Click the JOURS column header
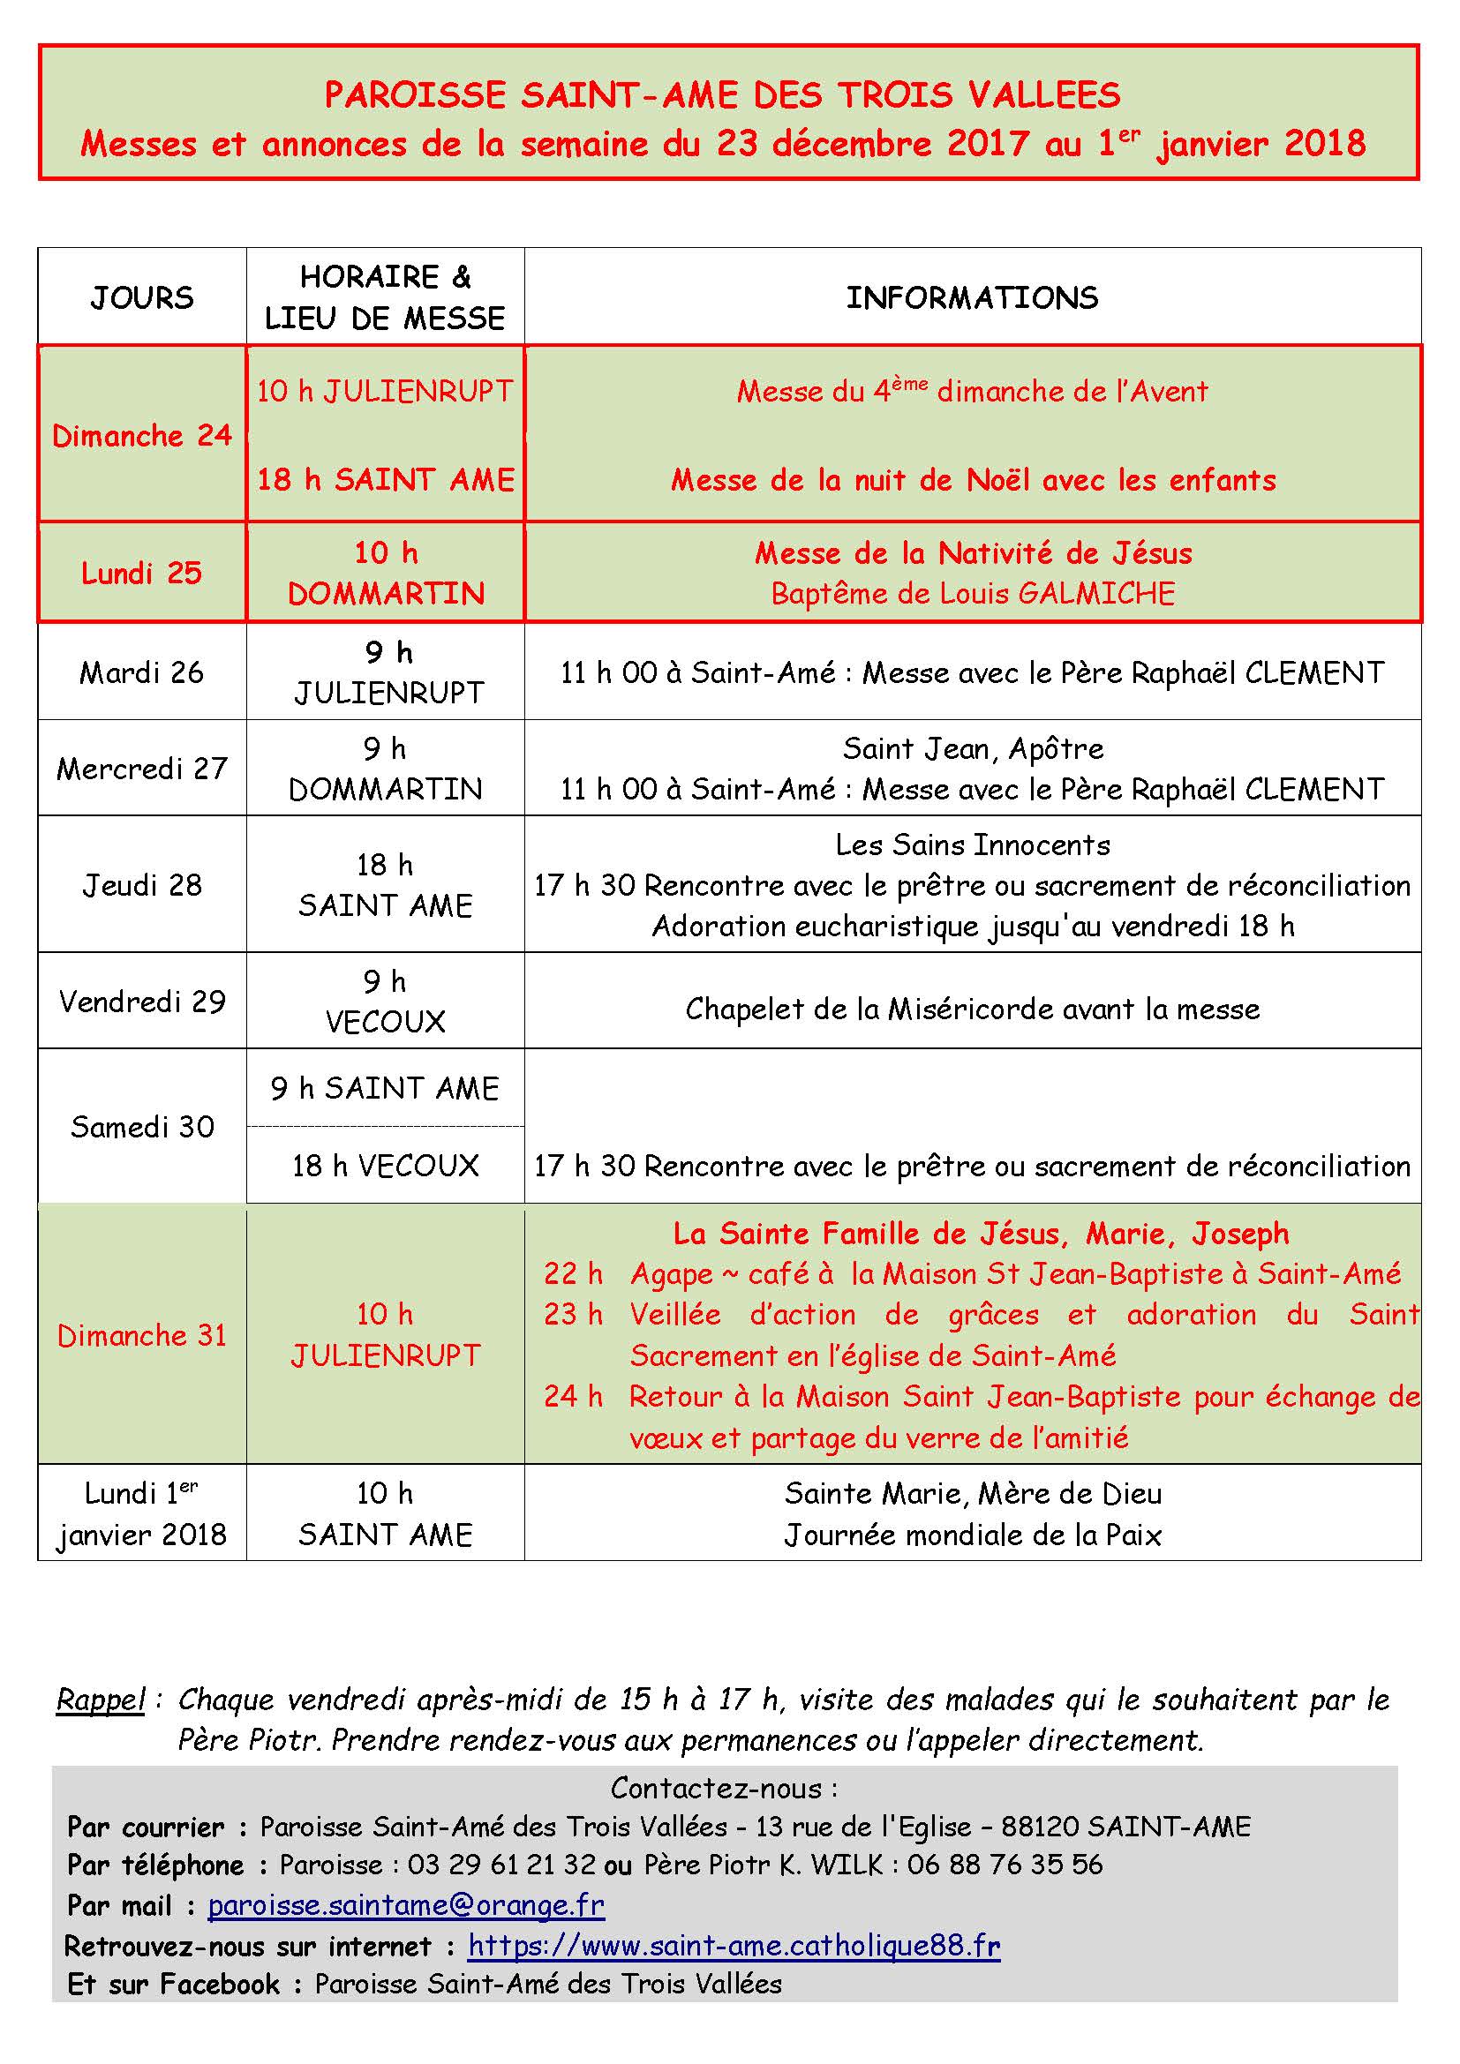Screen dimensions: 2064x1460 [x=142, y=297]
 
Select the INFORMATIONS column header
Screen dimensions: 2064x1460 [x=972, y=297]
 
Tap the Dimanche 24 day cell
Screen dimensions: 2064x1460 [x=142, y=436]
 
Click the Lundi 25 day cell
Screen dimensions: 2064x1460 [x=142, y=573]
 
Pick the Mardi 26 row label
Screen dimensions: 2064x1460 [x=142, y=672]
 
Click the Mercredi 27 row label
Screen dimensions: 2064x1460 [x=142, y=769]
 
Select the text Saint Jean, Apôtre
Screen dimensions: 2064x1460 [x=973, y=748]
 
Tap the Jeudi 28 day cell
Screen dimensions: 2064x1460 [x=142, y=884]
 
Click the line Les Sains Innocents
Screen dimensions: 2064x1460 [x=973, y=845]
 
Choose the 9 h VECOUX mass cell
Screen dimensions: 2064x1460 [x=385, y=1002]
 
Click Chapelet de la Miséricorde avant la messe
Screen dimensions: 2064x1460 [x=973, y=1009]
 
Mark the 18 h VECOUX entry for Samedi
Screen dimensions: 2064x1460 [x=385, y=1166]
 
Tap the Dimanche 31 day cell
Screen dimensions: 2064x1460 [x=142, y=1335]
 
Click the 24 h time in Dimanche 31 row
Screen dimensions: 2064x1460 [x=573, y=1396]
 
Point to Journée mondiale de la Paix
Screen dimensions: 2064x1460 [x=973, y=1535]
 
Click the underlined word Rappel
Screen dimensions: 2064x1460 [x=101, y=1699]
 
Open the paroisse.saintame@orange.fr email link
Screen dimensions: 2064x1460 [x=405, y=1905]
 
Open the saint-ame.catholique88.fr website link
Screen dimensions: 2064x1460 [x=734, y=1946]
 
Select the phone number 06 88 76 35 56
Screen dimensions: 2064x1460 [x=1005, y=1865]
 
